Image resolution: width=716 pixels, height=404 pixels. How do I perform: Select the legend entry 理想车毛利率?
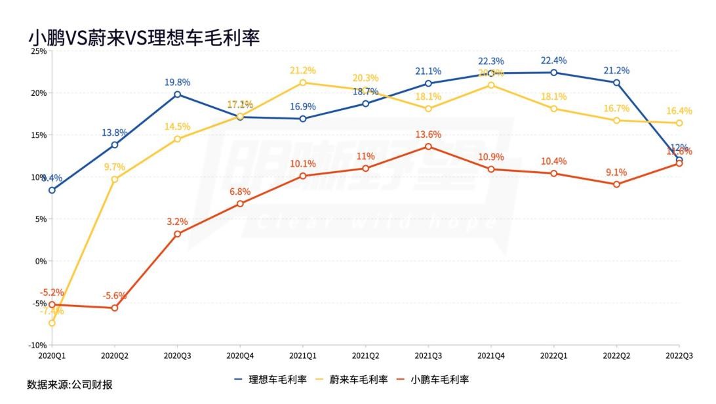tap(276, 379)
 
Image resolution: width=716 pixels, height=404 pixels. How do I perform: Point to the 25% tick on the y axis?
tap(38, 51)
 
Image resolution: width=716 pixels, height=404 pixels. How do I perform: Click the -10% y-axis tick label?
tap(37, 345)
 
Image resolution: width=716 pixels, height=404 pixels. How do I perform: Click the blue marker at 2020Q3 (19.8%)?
tap(177, 94)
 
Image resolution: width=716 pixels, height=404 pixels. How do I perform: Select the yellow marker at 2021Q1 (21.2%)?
tap(302, 83)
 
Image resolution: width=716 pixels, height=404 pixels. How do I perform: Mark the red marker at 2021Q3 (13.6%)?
tap(428, 146)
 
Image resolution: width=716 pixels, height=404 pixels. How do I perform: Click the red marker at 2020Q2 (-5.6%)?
tap(115, 308)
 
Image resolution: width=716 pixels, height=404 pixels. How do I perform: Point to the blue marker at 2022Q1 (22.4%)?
tap(553, 73)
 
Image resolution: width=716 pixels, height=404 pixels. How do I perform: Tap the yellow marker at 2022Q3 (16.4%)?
tap(679, 123)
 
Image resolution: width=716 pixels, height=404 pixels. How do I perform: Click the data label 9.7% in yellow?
tap(114, 167)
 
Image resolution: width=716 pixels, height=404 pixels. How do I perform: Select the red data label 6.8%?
tap(240, 192)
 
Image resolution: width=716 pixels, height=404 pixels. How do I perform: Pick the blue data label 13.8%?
tap(115, 132)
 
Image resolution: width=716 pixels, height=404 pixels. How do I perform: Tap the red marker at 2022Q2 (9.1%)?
tap(616, 184)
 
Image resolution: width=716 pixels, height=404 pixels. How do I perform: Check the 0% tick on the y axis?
tap(39, 261)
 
